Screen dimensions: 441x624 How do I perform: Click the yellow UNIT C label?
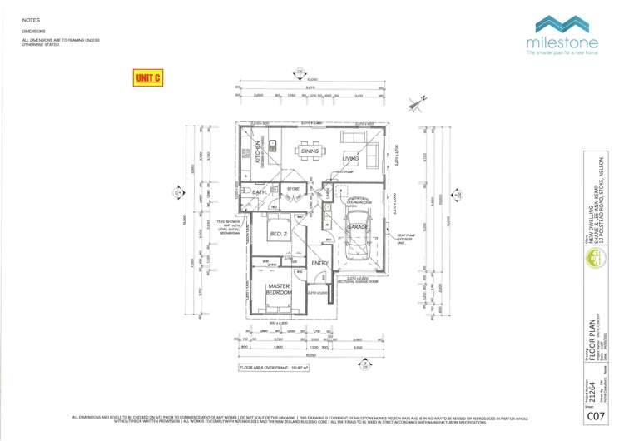click(x=148, y=77)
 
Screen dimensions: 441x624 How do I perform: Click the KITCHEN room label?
click(x=259, y=153)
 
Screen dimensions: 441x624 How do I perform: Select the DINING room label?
click(x=310, y=151)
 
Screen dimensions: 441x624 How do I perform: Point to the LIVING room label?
click(x=350, y=157)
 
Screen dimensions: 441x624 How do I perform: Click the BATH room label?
click(x=259, y=192)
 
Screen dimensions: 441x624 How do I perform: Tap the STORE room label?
click(x=293, y=189)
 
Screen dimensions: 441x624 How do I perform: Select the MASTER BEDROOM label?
click(x=278, y=290)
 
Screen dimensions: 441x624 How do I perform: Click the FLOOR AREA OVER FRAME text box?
click(x=275, y=366)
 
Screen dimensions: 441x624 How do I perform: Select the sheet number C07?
click(x=595, y=415)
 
